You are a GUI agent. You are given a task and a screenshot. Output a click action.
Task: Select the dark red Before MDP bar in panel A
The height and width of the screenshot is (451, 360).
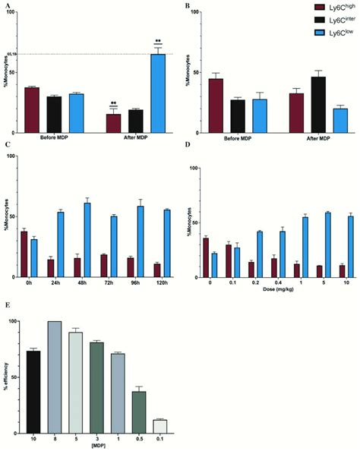click(x=32, y=110)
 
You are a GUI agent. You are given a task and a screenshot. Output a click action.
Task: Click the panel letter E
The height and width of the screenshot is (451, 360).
click(x=6, y=308)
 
